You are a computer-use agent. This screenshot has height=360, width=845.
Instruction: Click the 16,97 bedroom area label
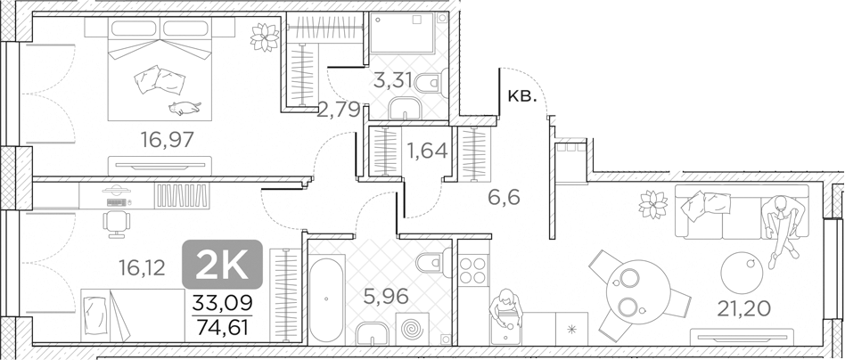pyautogui.click(x=167, y=139)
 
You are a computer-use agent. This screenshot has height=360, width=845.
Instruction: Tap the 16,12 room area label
pyautogui.click(x=141, y=266)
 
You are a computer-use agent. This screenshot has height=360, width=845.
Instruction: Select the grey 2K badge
pyautogui.click(x=222, y=264)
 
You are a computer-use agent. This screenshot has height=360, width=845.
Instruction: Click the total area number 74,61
pyautogui.click(x=222, y=326)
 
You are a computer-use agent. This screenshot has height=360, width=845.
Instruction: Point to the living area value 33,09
pyautogui.click(x=222, y=304)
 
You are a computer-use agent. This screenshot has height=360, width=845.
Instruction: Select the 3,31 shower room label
pyautogui.click(x=392, y=80)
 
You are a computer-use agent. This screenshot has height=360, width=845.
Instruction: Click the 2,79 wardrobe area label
pyautogui.click(x=339, y=110)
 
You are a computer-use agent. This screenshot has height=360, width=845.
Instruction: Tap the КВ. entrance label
pyautogui.click(x=521, y=96)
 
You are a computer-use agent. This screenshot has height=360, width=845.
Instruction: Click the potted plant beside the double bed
pyautogui.click(x=265, y=37)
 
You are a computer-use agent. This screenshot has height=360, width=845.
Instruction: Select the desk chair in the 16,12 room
pyautogui.click(x=116, y=220)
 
